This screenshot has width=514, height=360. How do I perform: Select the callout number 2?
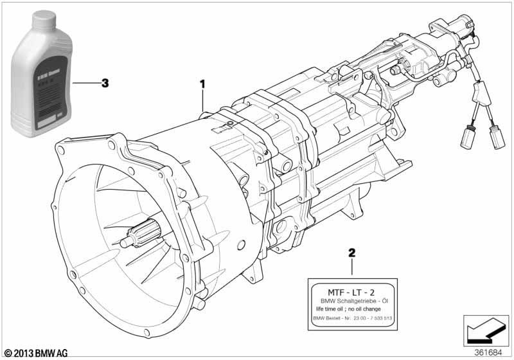352,253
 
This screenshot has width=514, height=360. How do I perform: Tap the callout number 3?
105,83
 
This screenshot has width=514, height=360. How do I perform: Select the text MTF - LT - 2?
351,292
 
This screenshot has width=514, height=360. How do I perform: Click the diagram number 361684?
488,352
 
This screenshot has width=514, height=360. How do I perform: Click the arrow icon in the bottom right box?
482,331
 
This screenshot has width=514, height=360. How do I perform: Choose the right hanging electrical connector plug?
496,136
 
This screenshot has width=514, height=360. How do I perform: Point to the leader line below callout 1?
204,102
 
